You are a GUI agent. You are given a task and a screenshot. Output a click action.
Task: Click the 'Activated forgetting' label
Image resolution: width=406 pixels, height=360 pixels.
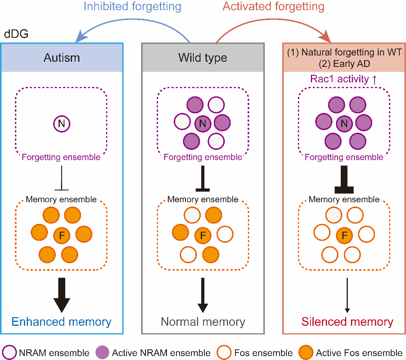click(x=274, y=7)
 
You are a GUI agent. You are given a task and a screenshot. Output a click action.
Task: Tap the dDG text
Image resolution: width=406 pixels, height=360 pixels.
click(x=16, y=34)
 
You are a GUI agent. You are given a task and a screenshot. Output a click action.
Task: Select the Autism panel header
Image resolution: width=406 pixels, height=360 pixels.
click(x=62, y=57)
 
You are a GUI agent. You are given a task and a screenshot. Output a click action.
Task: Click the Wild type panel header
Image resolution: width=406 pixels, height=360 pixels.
click(x=203, y=57)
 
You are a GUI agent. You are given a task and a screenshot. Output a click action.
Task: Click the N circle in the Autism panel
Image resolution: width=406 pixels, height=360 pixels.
click(x=61, y=124)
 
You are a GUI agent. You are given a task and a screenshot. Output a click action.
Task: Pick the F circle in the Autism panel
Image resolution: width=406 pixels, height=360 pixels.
click(x=61, y=236)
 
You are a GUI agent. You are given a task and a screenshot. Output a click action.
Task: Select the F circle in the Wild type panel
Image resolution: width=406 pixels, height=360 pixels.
click(x=203, y=236)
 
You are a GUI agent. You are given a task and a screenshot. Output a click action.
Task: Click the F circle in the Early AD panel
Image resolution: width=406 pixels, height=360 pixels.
click(x=344, y=236)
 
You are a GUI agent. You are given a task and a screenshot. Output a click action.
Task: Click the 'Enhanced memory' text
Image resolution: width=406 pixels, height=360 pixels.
click(x=61, y=322)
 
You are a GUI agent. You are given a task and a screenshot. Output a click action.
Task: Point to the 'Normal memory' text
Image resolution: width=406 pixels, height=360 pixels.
click(x=203, y=322)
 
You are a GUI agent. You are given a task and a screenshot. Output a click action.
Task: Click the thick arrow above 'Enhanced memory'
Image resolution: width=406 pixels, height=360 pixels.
click(x=61, y=295)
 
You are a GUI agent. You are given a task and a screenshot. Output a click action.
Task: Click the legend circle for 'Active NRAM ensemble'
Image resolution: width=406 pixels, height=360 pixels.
click(x=103, y=353)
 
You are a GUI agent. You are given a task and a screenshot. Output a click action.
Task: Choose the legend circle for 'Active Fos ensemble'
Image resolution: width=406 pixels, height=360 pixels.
click(x=307, y=353)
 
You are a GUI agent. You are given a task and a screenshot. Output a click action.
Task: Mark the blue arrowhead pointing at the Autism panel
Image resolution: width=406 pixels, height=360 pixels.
click(x=79, y=37)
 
